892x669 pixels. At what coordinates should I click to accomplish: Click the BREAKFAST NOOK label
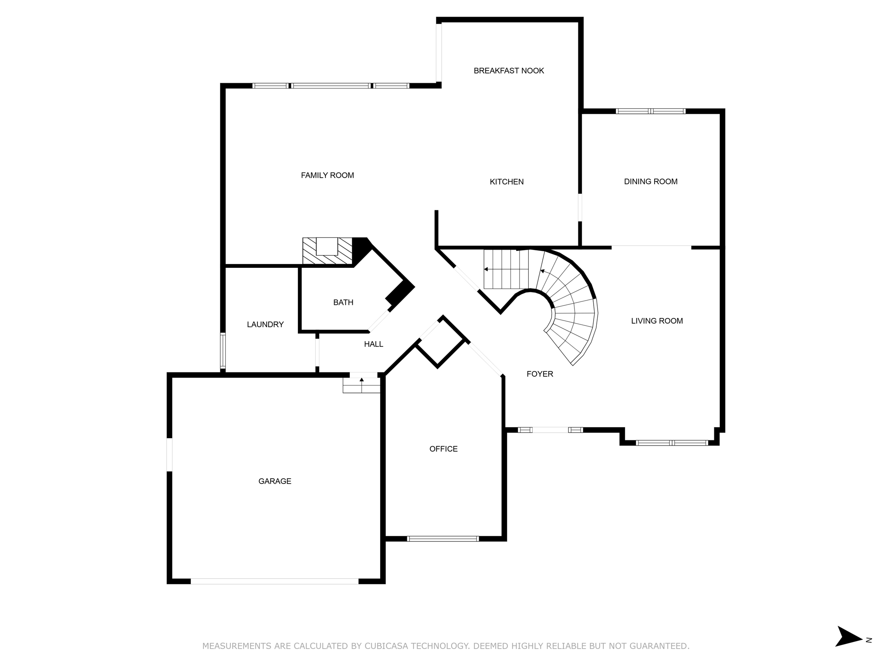[x=509, y=71]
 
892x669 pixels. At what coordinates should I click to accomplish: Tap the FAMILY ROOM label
[x=328, y=175]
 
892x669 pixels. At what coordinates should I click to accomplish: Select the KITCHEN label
[x=507, y=182]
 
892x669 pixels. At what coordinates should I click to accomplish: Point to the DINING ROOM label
[x=651, y=182]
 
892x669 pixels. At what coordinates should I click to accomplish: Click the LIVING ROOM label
[x=657, y=321]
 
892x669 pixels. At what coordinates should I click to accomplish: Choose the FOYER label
[x=540, y=374]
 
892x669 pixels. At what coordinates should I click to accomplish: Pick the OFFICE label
[x=443, y=449]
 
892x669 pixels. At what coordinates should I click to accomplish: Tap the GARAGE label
[x=275, y=481]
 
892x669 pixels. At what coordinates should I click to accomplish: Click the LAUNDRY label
[x=265, y=324]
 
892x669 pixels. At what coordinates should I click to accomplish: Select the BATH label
[x=343, y=302]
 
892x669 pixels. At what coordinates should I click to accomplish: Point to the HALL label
[x=374, y=344]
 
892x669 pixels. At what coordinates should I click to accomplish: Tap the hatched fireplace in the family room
[x=327, y=251]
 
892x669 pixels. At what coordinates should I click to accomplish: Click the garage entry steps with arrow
[x=362, y=385]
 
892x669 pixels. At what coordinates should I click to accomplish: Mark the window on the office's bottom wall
[x=443, y=539]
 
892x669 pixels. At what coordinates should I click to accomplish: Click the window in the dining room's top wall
[x=651, y=111]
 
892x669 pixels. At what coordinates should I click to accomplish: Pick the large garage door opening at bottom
[x=274, y=581]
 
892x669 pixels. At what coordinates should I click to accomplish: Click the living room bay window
[x=672, y=443]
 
